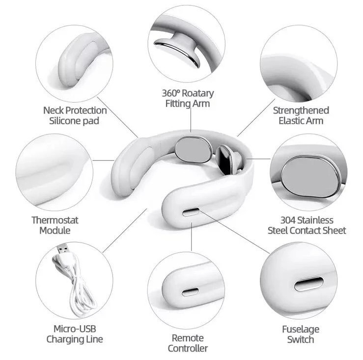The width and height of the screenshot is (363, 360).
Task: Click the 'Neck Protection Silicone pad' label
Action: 74,115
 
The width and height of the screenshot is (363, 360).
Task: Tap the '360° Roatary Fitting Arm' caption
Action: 188,98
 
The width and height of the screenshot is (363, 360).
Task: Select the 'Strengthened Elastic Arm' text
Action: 301,115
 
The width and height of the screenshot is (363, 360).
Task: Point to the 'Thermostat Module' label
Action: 55,225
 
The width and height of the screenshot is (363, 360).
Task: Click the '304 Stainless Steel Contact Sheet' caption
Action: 307,225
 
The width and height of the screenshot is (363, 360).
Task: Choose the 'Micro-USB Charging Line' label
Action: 75,333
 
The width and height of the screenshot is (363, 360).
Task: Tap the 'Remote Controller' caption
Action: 188,343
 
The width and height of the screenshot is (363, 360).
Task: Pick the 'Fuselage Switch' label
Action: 301,333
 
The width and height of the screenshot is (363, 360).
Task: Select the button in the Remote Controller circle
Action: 190,292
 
